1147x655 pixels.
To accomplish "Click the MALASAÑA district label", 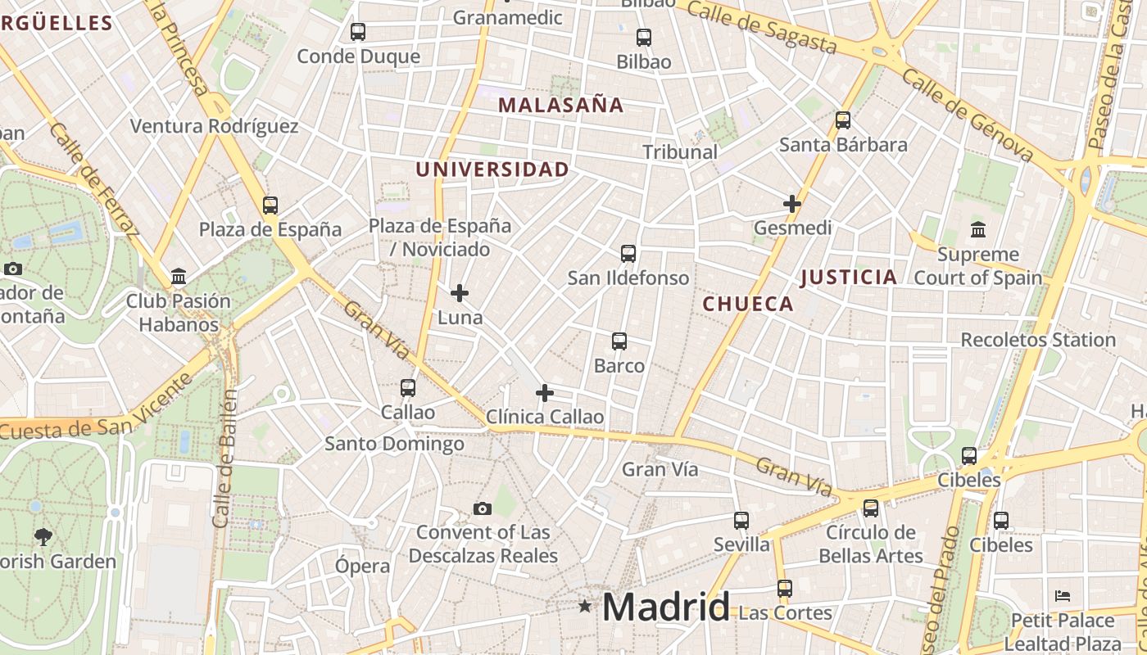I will click(x=561, y=105).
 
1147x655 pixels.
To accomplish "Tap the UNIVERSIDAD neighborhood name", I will click(x=492, y=169).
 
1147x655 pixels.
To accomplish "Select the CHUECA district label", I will click(x=748, y=304).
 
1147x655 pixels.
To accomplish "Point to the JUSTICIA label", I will click(x=849, y=277).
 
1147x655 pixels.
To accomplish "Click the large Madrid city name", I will click(x=665, y=608).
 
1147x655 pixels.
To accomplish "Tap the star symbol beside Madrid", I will click(x=585, y=607).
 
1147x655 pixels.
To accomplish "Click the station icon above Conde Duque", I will click(x=358, y=32).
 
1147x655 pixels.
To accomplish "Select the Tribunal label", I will click(x=680, y=151).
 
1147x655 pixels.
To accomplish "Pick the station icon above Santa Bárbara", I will click(x=843, y=120).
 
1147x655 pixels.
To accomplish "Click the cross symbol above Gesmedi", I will click(x=792, y=203).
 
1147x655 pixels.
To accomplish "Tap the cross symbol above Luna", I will click(x=460, y=292).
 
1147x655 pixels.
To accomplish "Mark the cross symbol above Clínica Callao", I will click(x=545, y=393).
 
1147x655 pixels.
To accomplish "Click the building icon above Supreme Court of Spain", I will click(x=977, y=229).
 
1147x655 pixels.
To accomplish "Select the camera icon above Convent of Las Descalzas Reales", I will click(x=483, y=508).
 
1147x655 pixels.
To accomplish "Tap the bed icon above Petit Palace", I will click(x=1063, y=595).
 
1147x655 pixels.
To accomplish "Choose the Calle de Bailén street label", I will click(x=225, y=458).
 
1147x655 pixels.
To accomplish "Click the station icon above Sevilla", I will click(x=741, y=520).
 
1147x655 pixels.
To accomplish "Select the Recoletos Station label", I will click(x=1038, y=340).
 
